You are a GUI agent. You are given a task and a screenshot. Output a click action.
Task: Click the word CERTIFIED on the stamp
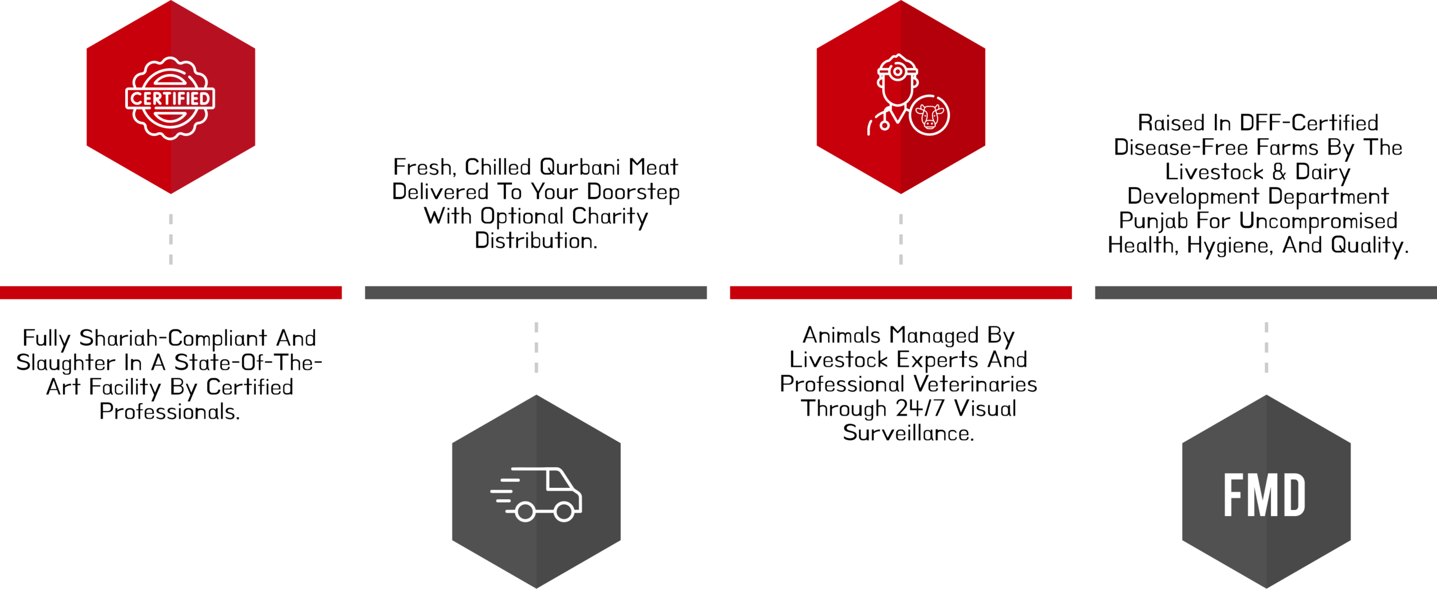click(171, 99)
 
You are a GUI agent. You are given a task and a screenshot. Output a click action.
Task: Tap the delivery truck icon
click(537, 494)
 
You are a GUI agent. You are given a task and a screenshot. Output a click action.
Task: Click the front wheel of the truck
click(564, 512)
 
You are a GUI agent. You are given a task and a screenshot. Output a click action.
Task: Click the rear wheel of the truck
click(525, 512)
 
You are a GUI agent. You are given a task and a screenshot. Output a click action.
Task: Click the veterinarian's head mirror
click(898, 72)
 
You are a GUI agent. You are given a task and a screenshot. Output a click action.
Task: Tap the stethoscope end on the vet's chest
click(884, 125)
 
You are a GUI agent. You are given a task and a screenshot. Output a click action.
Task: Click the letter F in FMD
click(1235, 495)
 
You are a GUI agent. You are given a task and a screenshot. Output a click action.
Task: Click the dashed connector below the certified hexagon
click(171, 239)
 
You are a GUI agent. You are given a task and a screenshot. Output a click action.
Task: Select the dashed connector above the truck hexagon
click(537, 347)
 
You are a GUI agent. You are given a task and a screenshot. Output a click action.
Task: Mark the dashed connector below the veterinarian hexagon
click(901, 239)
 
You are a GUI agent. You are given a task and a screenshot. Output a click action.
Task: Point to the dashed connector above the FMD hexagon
click(1266, 347)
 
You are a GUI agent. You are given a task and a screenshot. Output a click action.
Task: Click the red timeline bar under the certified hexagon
click(171, 293)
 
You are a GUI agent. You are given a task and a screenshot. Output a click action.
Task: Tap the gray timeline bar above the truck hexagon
click(536, 293)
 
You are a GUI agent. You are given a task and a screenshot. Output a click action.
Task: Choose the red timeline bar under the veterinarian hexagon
click(901, 293)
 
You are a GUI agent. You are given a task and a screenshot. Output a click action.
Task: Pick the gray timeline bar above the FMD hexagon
click(1266, 293)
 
